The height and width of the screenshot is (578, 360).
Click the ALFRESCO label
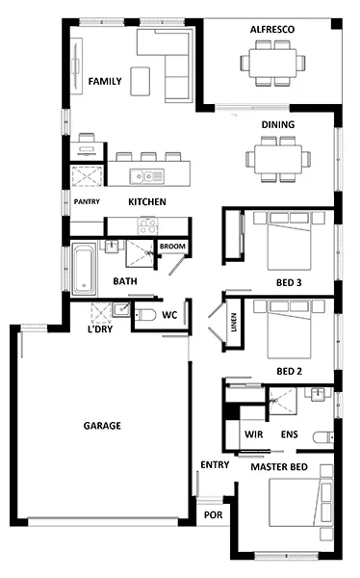tap(272, 30)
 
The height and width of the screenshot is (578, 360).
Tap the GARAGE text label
tap(102, 426)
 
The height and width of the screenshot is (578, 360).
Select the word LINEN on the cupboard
tap(234, 323)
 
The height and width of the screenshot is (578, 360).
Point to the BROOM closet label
tap(172, 247)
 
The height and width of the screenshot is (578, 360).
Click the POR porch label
tap(214, 515)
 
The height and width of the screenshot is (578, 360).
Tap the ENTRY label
tap(215, 465)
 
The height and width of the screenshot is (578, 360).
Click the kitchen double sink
tap(146, 176)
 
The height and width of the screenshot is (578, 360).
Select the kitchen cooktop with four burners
tap(147, 225)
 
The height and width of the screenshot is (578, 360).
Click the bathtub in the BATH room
tap(85, 269)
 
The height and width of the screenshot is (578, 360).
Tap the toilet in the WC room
tap(145, 315)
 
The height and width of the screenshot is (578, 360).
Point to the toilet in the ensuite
tap(323, 437)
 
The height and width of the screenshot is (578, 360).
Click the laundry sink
tap(121, 309)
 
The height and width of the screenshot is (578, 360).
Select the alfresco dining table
tap(272, 63)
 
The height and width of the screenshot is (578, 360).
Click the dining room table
tap(278, 159)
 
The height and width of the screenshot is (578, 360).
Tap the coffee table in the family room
tap(141, 81)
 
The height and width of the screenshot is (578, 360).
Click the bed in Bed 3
tap(289, 240)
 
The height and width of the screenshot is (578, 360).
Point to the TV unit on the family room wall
tap(76, 65)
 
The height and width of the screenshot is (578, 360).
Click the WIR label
tap(254, 434)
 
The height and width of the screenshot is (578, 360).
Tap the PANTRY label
tap(87, 201)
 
